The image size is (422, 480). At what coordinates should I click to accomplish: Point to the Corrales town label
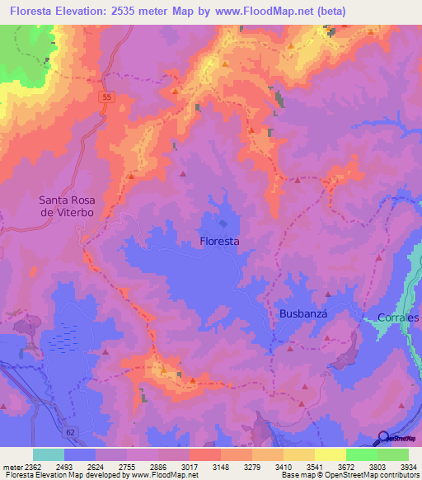(x=398, y=318)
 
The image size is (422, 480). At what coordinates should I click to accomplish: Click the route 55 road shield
(x=106, y=97)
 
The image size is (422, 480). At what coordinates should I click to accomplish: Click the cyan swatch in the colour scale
(x=49, y=454)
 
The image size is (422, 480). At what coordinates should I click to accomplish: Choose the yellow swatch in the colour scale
(x=330, y=454)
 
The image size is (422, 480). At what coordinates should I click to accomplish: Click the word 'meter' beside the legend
(x=13, y=467)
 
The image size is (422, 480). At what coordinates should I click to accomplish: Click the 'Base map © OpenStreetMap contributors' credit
(x=349, y=475)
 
